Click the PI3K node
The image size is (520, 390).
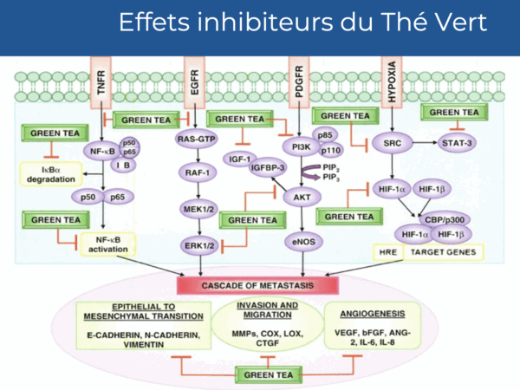301,147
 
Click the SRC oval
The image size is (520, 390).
393,146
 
